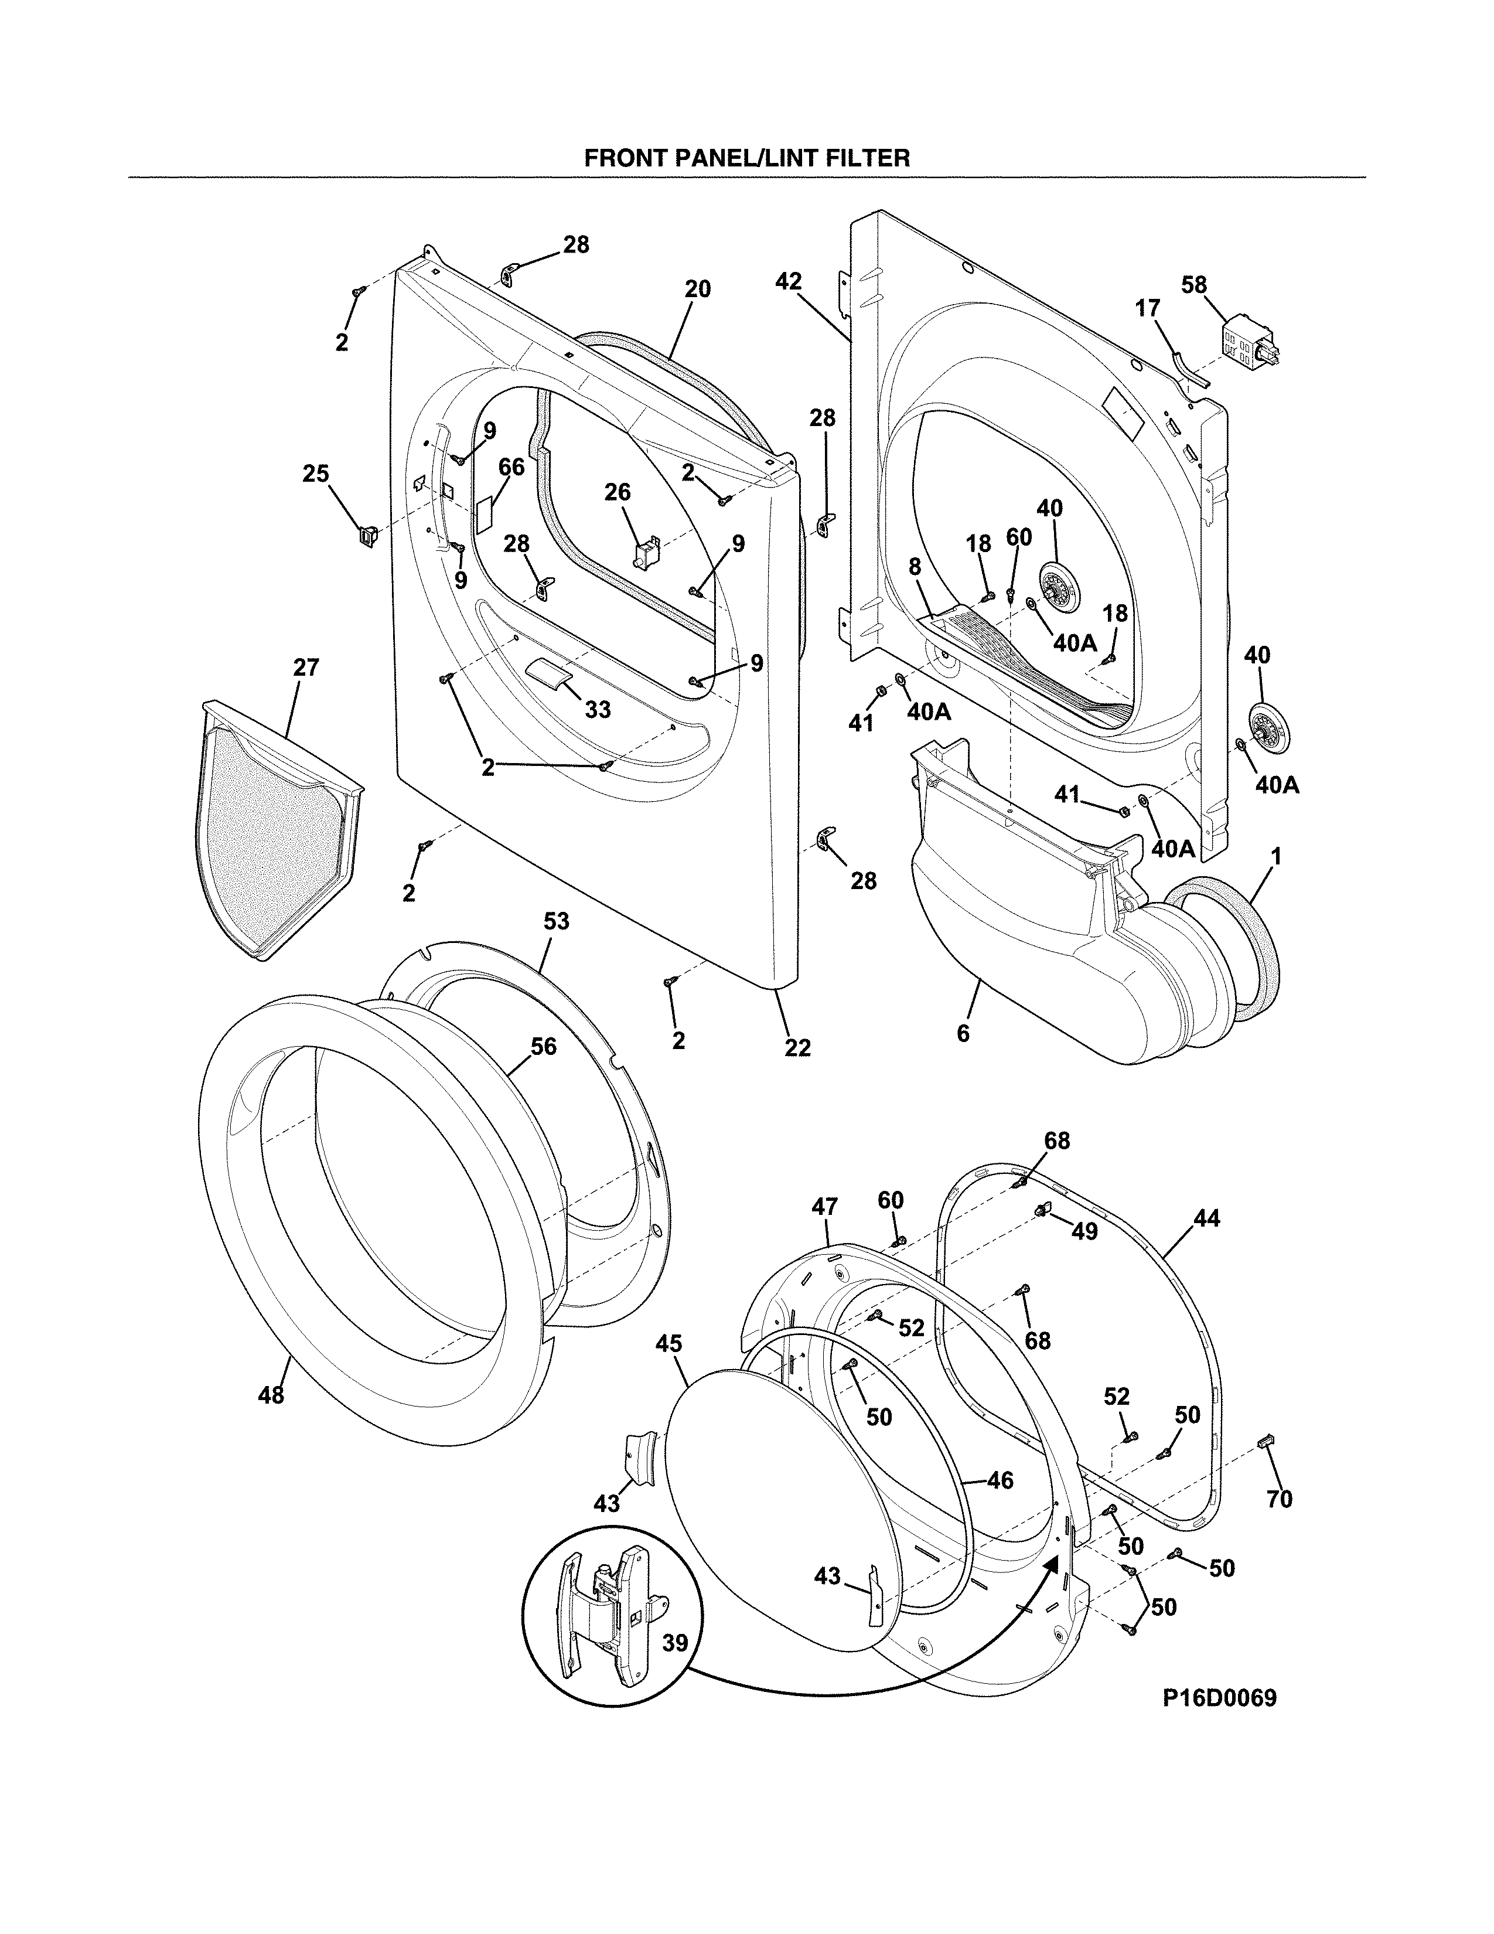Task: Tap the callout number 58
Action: [1194, 285]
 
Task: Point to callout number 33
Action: [598, 709]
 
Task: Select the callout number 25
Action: [315, 474]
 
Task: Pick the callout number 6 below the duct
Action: [963, 1033]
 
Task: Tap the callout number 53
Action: [556, 922]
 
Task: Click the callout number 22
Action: [797, 1048]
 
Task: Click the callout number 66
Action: [511, 467]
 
